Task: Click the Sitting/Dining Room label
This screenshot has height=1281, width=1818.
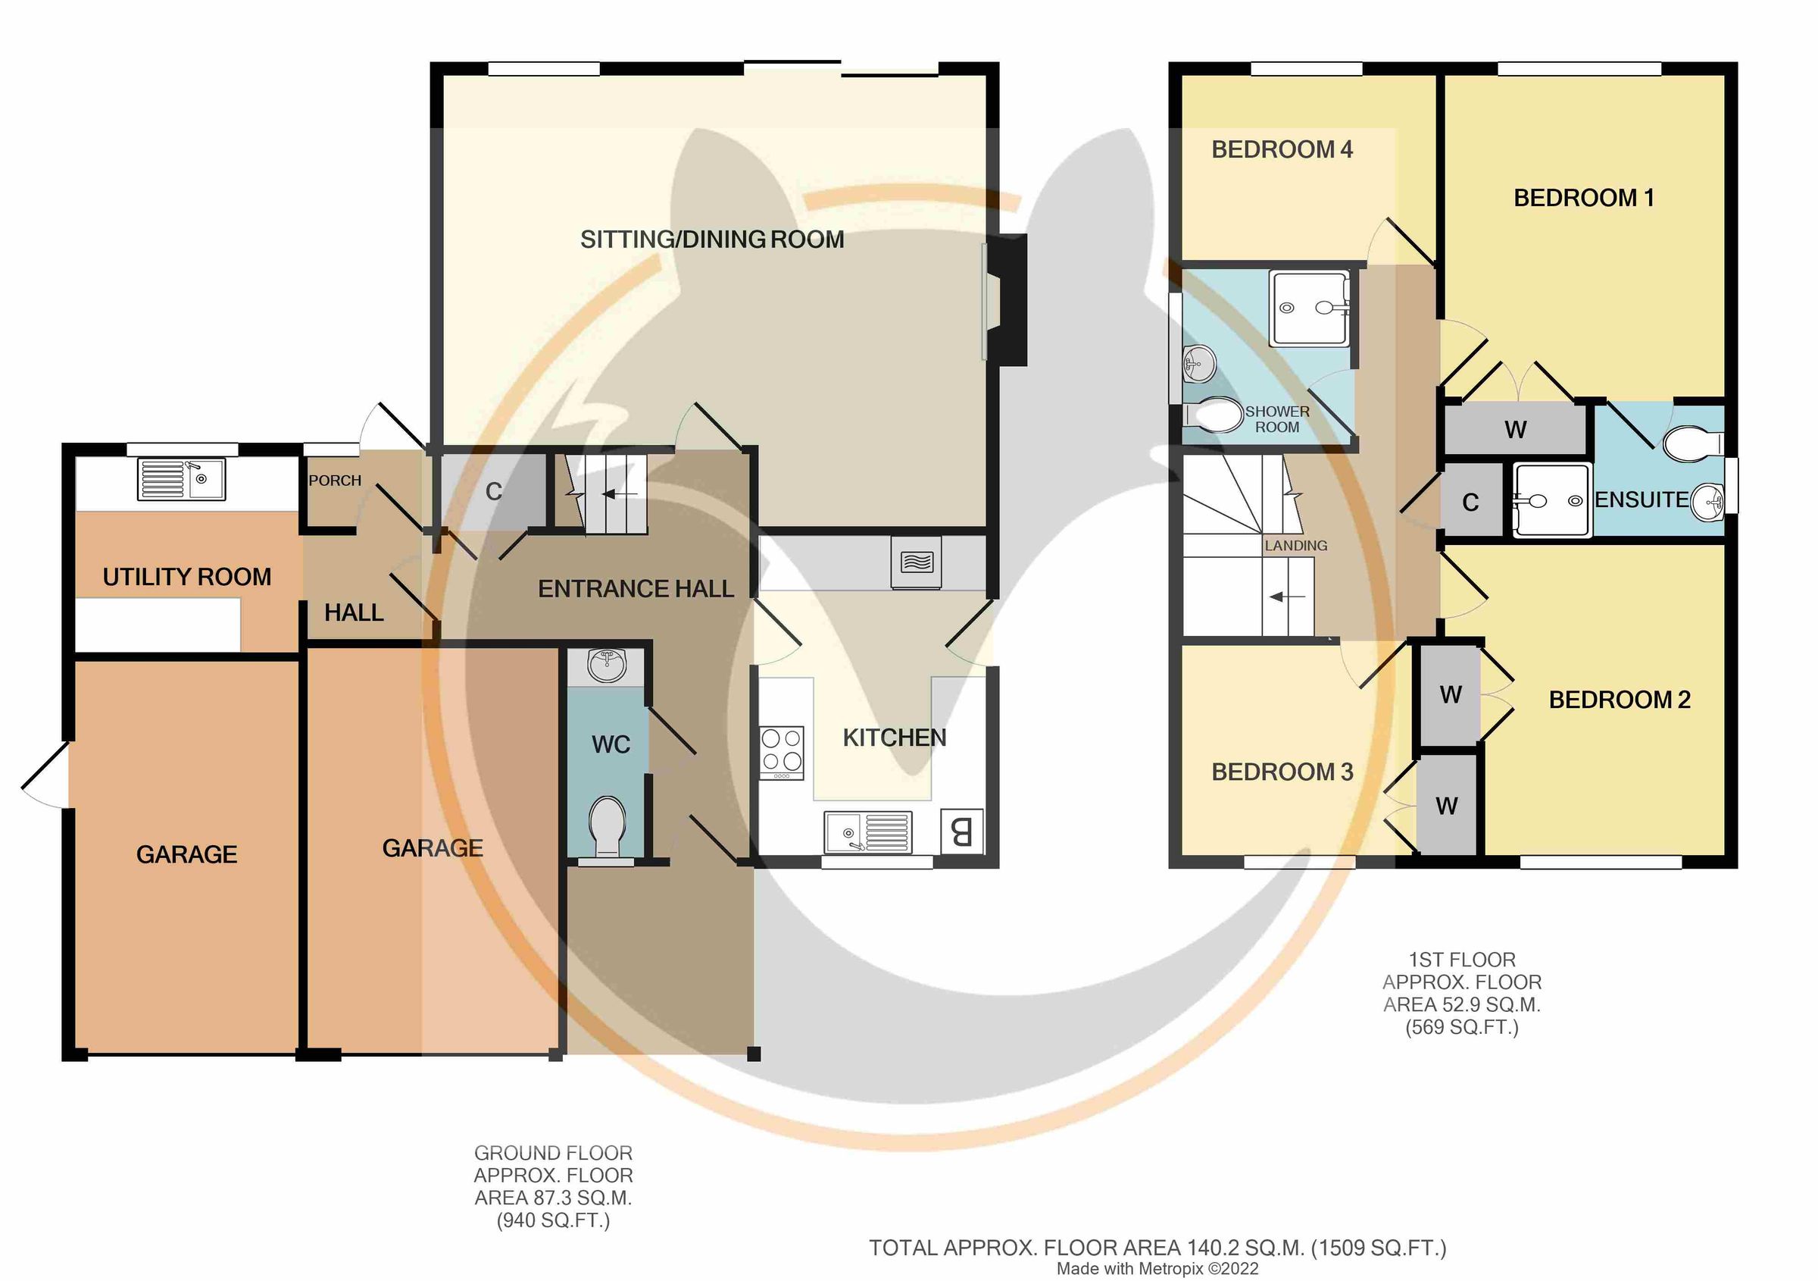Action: pos(712,240)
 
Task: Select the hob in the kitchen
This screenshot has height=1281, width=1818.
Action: pos(782,751)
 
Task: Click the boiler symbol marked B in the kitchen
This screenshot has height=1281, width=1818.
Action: pos(961,831)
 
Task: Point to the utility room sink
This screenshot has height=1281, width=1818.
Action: pos(182,479)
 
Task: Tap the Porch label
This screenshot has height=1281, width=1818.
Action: pos(334,481)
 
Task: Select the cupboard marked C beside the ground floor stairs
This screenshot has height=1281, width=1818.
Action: pos(493,492)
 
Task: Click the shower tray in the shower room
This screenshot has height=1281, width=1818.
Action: pos(1308,309)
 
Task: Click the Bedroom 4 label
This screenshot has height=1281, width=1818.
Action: pos(1281,150)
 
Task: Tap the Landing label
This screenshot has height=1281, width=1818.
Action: pos(1295,546)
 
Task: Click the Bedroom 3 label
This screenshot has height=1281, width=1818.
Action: pos(1282,772)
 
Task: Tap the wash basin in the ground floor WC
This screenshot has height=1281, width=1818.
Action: pos(607,666)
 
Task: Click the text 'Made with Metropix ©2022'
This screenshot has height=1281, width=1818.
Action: pos(1157,1268)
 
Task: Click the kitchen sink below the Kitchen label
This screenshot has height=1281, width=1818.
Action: pos(867,832)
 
